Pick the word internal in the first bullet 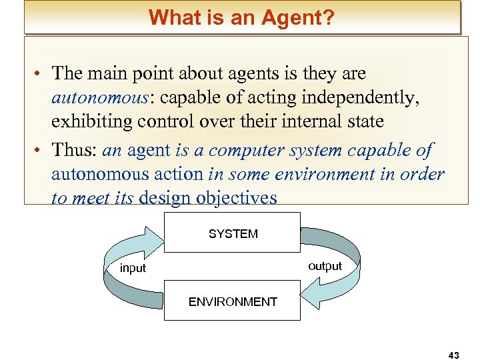tap(307, 122)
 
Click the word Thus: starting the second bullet tap(76, 151)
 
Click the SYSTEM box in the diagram tap(233, 233)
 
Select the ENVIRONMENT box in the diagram tap(233, 301)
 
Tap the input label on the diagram tap(133, 268)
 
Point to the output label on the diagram tap(325, 266)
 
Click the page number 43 tap(453, 355)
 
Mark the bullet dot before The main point tap(41, 74)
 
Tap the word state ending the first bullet tap(363, 122)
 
